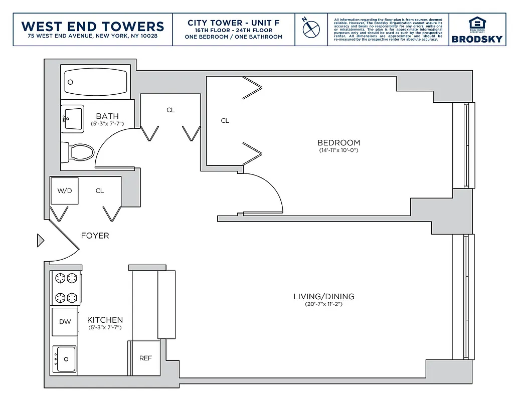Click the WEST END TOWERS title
tap(93, 26)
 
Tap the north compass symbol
tap(311, 28)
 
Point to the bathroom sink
tap(72, 119)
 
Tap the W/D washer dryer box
tap(65, 191)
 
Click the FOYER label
tap(95, 236)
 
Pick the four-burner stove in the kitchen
tap(66, 287)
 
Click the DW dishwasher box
tap(65, 322)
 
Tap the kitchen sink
tap(65, 359)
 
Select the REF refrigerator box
tap(145, 358)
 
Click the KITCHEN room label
tap(105, 320)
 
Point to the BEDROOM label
tap(339, 143)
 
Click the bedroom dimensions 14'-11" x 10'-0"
tap(339, 150)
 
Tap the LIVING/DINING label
tap(323, 297)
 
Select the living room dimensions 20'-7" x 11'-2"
tap(323, 304)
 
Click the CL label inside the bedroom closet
tap(225, 121)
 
